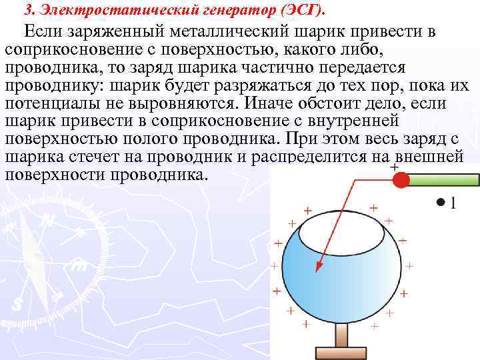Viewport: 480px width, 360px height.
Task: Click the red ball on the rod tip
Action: click(401, 180)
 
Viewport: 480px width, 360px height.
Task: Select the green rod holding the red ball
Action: click(444, 179)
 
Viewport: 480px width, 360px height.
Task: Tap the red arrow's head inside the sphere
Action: click(319, 267)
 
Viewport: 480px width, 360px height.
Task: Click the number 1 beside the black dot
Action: click(453, 203)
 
